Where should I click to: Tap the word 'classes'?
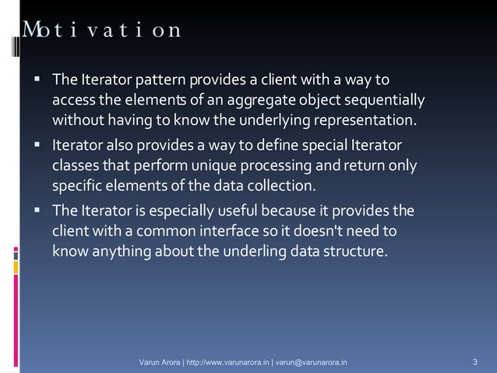pos(76,166)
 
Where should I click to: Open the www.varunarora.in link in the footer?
pos(228,363)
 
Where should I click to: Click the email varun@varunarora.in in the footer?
pos(312,363)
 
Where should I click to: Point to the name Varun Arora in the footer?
pos(160,363)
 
